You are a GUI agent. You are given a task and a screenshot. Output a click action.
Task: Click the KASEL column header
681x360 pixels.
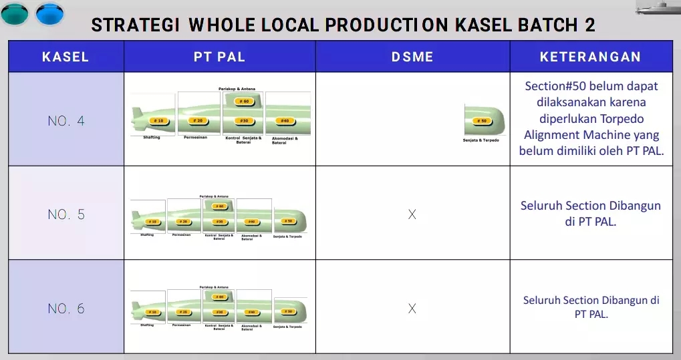coord(65,57)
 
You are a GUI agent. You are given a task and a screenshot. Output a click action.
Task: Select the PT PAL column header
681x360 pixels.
coord(219,57)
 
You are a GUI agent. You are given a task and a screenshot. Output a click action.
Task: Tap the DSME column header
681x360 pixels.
coord(412,57)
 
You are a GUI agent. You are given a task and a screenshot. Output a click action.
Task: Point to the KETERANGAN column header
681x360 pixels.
coord(590,57)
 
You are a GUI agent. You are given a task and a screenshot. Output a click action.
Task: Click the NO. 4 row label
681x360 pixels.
coord(66,122)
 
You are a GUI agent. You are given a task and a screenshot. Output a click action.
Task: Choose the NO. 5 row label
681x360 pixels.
coord(66,214)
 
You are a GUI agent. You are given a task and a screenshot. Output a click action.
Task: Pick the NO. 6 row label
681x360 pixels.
coord(66,309)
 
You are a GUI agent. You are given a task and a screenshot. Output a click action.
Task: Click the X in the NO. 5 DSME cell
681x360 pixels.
coord(412,214)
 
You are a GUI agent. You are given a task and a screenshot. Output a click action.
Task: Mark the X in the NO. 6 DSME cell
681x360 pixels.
coord(412,309)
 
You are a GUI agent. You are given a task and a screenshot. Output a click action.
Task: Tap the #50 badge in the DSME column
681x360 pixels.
coord(481,122)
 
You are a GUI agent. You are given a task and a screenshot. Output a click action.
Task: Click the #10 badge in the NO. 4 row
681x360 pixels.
coord(158,121)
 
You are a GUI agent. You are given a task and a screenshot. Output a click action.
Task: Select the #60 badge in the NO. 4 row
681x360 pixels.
coord(244,102)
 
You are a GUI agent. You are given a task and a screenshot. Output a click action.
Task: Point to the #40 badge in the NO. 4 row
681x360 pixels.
coord(285,121)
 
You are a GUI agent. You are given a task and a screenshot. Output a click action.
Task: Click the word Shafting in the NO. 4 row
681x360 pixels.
coord(152,138)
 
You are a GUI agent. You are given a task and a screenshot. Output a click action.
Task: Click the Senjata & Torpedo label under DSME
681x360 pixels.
coord(481,140)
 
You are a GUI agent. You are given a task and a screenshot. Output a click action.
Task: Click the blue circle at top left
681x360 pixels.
coord(49,13)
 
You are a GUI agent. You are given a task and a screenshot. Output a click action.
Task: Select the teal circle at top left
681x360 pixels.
coord(15,13)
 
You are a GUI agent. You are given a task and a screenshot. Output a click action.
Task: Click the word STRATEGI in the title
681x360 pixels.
coord(136,25)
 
